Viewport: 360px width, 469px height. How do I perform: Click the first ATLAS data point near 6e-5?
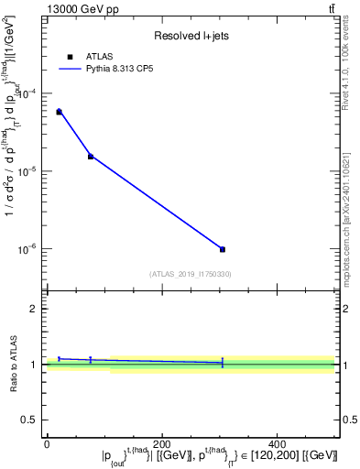pyautogui.click(x=59, y=112)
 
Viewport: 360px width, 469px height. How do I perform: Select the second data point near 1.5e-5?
pyautogui.click(x=91, y=157)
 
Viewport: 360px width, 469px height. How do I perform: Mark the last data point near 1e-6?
pyautogui.click(x=223, y=249)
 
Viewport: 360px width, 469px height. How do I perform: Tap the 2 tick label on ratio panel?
pyautogui.click(x=36, y=309)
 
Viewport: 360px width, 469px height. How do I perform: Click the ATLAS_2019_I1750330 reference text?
pyautogui.click(x=190, y=274)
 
